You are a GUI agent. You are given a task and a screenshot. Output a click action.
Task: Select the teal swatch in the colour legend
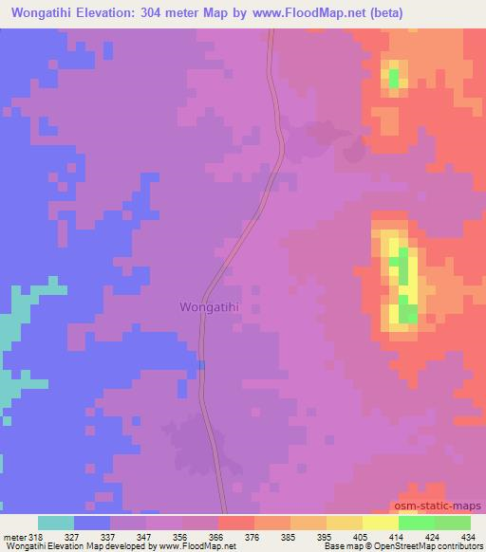tap(56, 523)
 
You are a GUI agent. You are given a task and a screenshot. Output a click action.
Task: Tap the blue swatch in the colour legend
tap(92, 523)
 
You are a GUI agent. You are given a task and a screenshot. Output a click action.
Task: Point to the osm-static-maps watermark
tap(445, 506)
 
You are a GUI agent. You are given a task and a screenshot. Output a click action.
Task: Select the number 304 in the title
tap(153, 13)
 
